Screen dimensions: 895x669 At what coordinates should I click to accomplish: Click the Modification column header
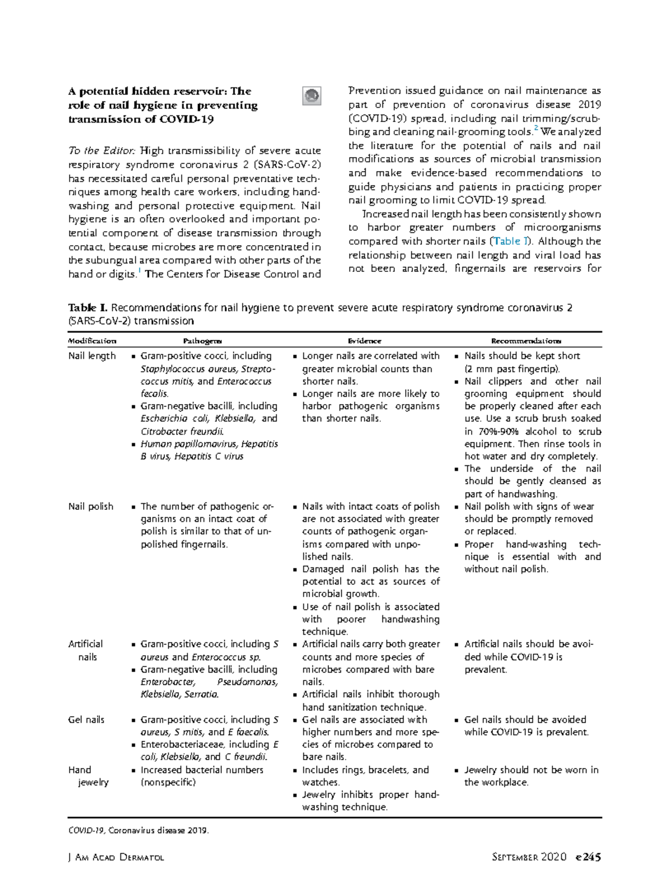point(92,341)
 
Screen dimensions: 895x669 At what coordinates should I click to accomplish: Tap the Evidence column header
point(365,341)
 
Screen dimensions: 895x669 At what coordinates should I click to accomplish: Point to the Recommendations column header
point(526,341)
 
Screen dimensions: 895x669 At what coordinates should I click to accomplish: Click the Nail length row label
point(92,356)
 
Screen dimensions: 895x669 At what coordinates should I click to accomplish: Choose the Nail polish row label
point(90,506)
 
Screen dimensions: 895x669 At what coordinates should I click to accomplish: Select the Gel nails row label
point(86,719)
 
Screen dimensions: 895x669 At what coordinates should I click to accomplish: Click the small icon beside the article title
point(312,96)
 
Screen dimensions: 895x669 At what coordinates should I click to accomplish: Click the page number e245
point(588,857)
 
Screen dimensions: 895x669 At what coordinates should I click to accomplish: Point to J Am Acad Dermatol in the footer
point(116,858)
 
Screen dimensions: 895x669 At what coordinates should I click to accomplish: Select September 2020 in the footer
point(529,857)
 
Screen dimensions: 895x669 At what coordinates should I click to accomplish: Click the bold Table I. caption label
point(88,308)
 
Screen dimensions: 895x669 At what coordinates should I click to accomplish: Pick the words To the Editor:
point(102,150)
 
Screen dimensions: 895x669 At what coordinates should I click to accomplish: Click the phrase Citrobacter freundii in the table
point(182,431)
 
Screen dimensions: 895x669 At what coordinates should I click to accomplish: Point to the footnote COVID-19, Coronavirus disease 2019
point(138,830)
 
